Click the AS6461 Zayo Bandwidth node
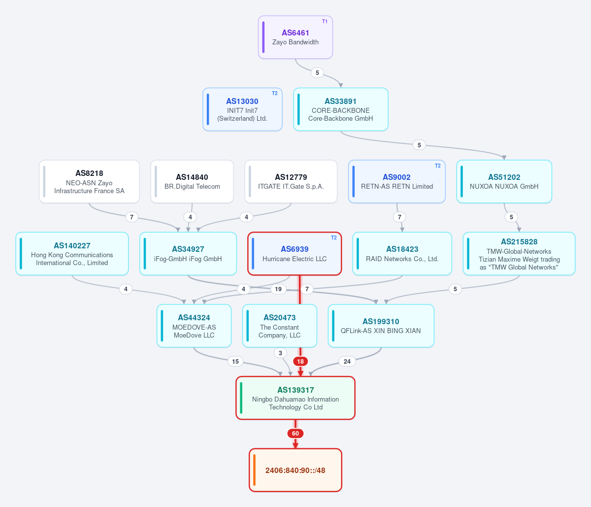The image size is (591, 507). tap(295, 37)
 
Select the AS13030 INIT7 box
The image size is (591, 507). tap(242, 109)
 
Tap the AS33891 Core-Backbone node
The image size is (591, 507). tap(340, 109)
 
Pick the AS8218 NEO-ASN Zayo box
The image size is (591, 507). tap(89, 181)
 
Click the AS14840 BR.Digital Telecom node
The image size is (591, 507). tap(192, 181)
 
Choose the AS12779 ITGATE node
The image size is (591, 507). tap(291, 181)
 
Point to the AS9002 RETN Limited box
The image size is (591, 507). tap(396, 181)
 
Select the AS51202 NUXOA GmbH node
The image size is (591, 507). tap(504, 181)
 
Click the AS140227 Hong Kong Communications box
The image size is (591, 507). tap(72, 253)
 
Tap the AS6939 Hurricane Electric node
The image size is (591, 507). tap(295, 253)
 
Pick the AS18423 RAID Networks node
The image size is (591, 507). tap(402, 253)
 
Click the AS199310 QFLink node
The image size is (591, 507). tap(381, 326)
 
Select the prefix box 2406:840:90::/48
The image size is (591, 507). tap(295, 470)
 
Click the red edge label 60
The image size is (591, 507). tap(295, 434)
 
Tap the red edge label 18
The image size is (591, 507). tap(300, 361)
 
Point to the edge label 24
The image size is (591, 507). tap(347, 361)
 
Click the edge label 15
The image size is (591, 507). tap(235, 361)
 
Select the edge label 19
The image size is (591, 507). tap(278, 289)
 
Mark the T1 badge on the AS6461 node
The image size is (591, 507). tap(325, 21)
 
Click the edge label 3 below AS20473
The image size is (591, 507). tap(280, 353)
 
